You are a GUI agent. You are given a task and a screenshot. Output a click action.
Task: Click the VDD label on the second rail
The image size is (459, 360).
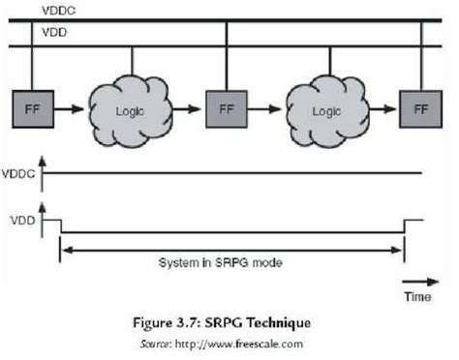[x=53, y=32]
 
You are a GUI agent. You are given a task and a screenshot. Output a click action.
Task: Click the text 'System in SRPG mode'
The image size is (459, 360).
[x=231, y=263]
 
